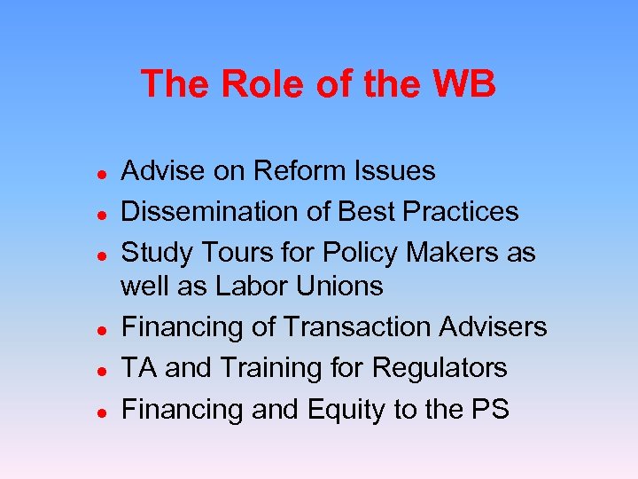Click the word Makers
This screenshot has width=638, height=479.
click(x=451, y=252)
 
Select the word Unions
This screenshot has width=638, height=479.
click(x=340, y=286)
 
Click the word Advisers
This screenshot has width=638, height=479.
click(x=497, y=326)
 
